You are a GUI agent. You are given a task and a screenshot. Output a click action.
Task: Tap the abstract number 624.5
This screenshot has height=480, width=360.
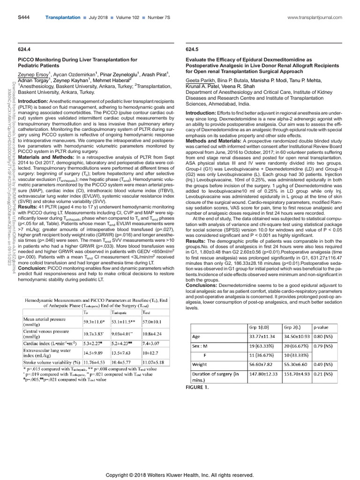pyautogui.click(x=192, y=48)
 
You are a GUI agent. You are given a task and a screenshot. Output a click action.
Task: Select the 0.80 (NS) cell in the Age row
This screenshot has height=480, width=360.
pyautogui.click(x=324, y=337)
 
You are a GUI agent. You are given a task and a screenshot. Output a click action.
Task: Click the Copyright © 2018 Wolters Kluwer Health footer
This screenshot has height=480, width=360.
pyautogui.click(x=180, y=462)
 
